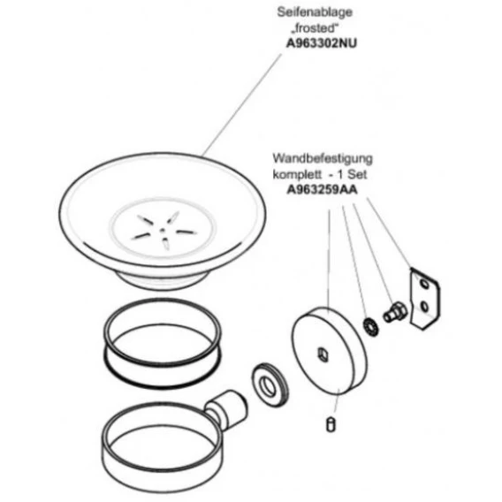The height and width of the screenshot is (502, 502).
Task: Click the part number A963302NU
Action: coord(321,43)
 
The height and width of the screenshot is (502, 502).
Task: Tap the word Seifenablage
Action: coord(315,12)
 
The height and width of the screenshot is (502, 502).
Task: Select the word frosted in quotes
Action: coord(315,28)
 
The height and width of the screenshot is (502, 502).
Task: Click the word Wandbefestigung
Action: coord(323,159)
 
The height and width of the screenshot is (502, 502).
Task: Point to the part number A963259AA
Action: coord(322,190)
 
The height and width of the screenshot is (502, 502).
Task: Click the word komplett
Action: coord(297,175)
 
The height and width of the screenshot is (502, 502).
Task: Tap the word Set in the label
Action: coord(357,174)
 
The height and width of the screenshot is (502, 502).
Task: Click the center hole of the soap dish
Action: coord(163,230)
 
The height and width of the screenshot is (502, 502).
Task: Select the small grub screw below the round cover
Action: coord(331,425)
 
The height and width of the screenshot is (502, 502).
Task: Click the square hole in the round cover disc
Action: coord(323,354)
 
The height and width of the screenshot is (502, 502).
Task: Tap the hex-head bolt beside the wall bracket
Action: coord(395,312)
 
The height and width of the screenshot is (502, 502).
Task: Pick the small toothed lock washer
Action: coord(370,327)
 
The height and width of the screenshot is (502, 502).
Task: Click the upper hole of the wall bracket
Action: coord(424,284)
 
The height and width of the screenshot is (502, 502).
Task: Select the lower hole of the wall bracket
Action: coord(424,307)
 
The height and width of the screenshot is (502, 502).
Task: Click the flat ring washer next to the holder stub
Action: coord(270,385)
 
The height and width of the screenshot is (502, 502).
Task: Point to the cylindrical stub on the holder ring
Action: coord(226,408)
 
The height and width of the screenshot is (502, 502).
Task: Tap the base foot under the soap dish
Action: coord(164,280)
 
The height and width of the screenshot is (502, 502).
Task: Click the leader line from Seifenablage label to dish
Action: coord(242,105)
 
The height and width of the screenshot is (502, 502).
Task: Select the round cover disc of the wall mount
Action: coord(330,351)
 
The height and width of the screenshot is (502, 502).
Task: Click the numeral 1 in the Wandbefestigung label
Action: coord(340,175)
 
